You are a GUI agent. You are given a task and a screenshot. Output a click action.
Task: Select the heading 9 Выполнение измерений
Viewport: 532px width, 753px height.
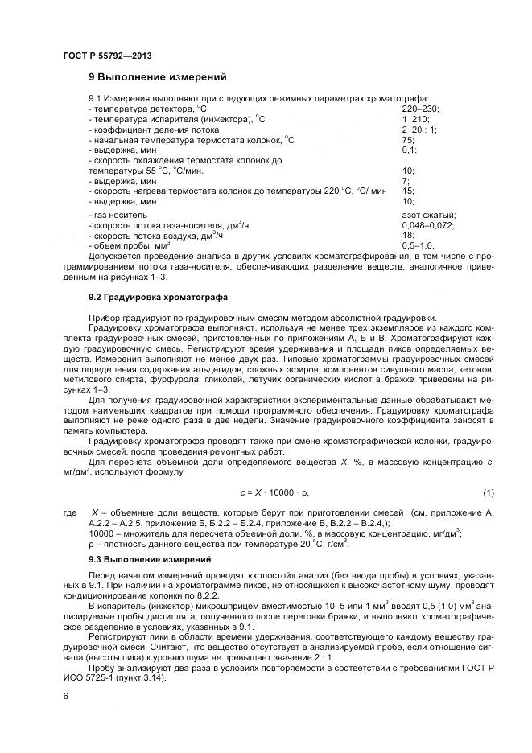coord(157,78)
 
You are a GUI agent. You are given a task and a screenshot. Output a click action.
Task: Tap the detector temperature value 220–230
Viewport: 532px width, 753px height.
coord(421,109)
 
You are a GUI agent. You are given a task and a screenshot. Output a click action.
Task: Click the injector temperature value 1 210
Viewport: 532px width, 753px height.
coord(416,119)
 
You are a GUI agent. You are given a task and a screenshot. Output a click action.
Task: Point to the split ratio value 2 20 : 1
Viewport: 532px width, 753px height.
coord(419,130)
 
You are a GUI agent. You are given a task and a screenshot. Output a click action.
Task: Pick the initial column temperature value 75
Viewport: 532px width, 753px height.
coord(408,140)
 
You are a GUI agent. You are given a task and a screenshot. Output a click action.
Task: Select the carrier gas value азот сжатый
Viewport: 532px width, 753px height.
coord(429,216)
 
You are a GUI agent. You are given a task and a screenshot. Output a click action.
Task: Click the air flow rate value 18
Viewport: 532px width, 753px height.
coord(408,236)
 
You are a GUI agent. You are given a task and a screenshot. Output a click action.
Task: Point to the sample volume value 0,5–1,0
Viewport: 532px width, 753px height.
coord(419,245)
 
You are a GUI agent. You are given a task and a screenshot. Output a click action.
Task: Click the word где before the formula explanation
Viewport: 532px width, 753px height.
coord(69,512)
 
